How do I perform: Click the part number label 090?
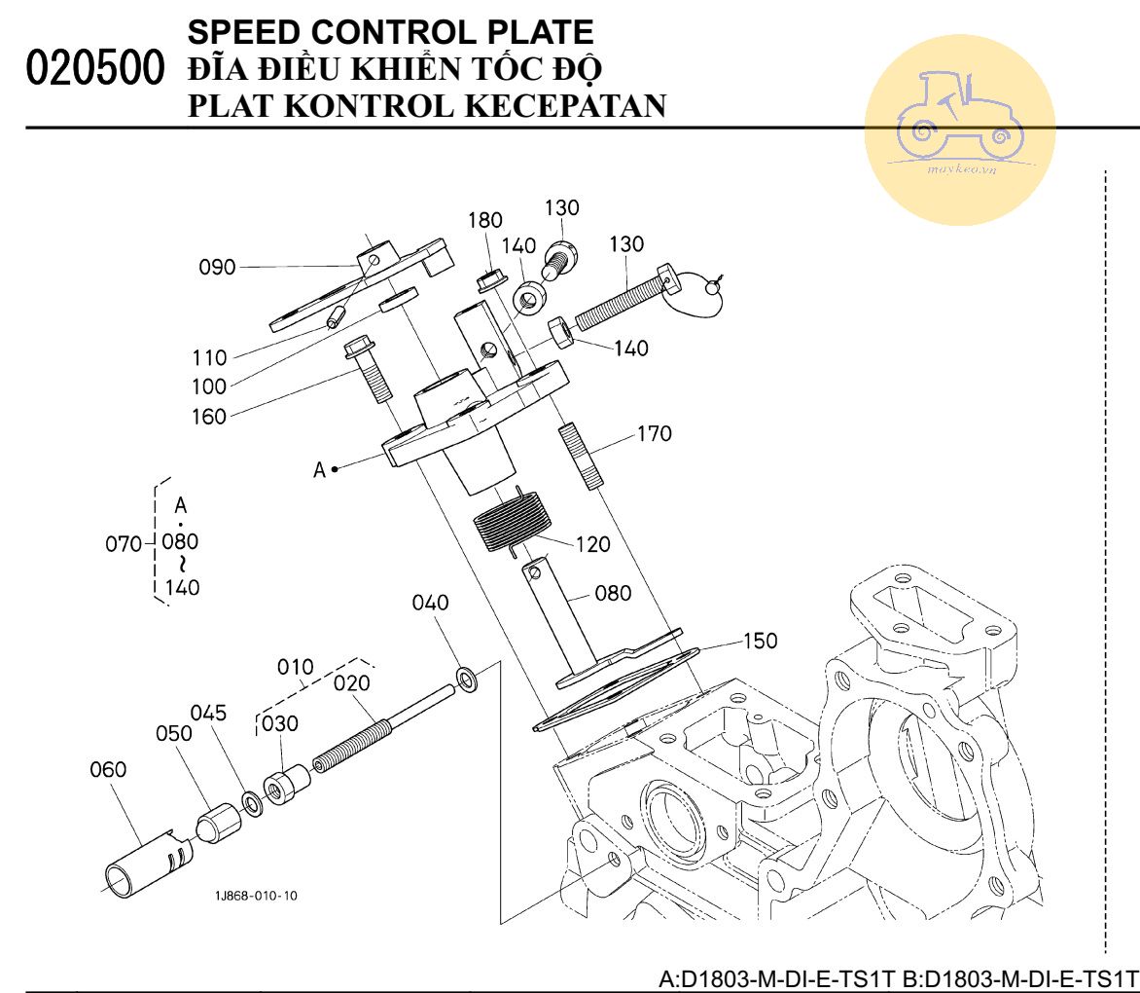click(218, 267)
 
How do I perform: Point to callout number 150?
click(760, 641)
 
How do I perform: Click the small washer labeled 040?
click(466, 678)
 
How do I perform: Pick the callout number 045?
click(208, 713)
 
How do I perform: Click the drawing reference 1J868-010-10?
click(257, 896)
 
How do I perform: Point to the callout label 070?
click(124, 543)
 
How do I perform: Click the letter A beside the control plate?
click(318, 470)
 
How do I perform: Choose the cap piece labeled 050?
click(220, 824)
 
